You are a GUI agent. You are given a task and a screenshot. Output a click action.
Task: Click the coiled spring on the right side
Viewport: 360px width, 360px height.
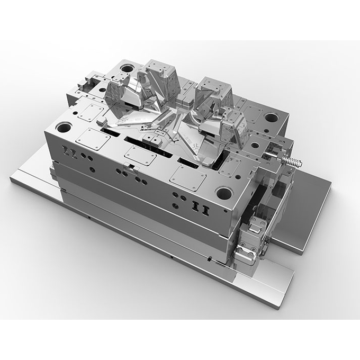click(x=291, y=160)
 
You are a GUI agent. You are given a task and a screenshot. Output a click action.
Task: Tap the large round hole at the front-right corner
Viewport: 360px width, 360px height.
click(x=224, y=193)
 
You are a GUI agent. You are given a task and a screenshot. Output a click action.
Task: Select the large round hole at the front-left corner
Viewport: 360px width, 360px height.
click(x=64, y=128)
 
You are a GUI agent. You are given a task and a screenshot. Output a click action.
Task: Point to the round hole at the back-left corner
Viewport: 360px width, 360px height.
click(x=128, y=69)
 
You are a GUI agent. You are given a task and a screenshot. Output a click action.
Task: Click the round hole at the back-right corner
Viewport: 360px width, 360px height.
click(x=271, y=118)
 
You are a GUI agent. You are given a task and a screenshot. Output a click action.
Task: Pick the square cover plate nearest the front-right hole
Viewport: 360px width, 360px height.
click(x=187, y=177)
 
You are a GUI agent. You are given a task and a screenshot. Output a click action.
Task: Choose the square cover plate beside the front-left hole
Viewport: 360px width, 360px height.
click(x=93, y=139)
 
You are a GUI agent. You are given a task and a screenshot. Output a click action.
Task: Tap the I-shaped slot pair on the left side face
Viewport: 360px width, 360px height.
click(x=69, y=153)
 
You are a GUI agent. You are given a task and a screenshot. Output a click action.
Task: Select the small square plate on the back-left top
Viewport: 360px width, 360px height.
click(x=93, y=112)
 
